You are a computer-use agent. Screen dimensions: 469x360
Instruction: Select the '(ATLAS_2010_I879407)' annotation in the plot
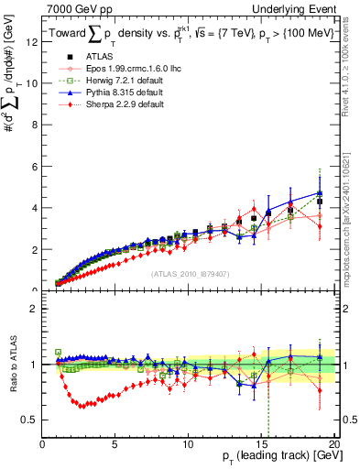[x=191, y=274]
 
